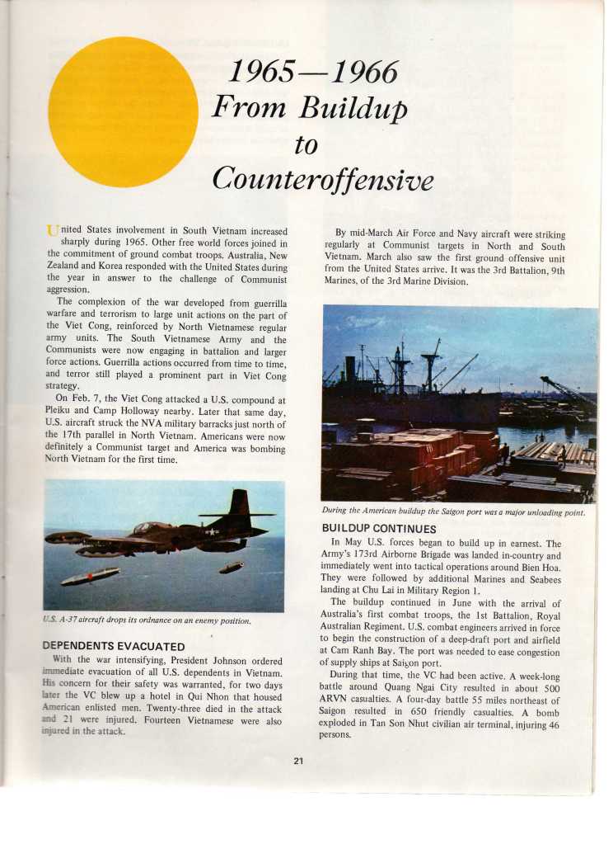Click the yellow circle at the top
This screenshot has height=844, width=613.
point(123,111)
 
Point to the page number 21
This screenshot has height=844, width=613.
point(297,760)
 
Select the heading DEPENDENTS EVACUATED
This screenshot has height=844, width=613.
point(113,645)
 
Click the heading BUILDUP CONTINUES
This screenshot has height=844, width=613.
point(378,528)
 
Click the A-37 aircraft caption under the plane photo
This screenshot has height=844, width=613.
point(146,620)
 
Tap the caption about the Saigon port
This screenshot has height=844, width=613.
point(453,512)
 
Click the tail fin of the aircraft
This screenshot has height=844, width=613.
point(239,503)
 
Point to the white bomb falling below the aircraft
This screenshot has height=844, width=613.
point(89,576)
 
